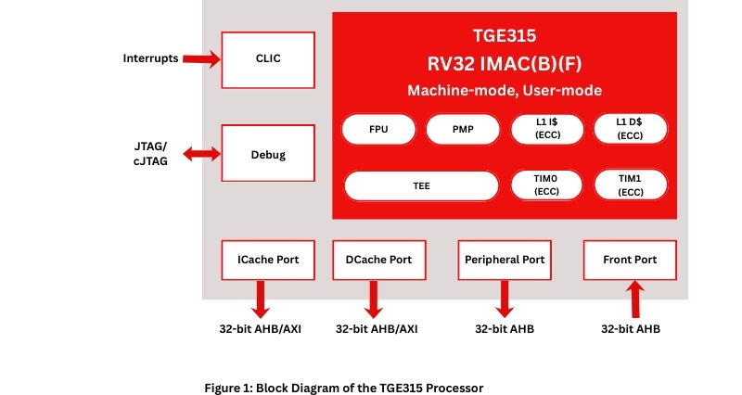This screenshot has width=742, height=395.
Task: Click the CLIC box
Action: click(268, 59)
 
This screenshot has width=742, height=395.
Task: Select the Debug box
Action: click(268, 155)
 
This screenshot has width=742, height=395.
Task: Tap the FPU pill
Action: click(378, 130)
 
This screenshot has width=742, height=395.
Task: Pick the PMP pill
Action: click(464, 130)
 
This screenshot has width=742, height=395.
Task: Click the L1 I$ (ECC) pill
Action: click(546, 130)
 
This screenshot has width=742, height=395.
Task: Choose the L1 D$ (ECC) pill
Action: click(631, 130)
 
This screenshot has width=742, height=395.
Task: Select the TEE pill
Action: click(421, 185)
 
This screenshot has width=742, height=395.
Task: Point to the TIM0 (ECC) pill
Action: click(546, 185)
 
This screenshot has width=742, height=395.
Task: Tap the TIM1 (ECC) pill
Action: click(631, 185)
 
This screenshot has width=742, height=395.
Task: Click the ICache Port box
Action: click(261, 261)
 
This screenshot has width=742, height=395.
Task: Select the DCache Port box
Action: click(372, 261)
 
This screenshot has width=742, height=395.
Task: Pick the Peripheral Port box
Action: click(505, 261)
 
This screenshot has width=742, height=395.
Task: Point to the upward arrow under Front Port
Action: click(635, 299)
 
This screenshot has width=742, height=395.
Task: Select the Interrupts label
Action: click(150, 59)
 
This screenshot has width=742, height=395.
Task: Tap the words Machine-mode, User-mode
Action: click(505, 91)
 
